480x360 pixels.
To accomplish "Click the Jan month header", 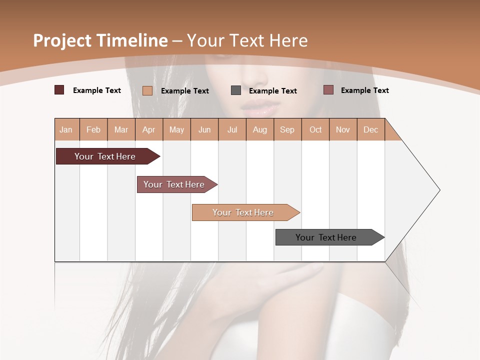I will (x=66, y=130).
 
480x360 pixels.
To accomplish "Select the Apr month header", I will (x=148, y=130).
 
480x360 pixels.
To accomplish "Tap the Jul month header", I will (x=232, y=130).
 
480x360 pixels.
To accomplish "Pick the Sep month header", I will (x=287, y=130).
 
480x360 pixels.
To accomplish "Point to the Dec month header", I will (x=370, y=130).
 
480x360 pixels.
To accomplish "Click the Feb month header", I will (x=93, y=130).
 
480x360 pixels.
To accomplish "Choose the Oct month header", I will (x=315, y=130).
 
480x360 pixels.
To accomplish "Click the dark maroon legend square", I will (x=59, y=90).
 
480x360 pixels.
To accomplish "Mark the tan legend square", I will (x=147, y=90).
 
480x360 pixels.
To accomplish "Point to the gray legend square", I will (x=236, y=90).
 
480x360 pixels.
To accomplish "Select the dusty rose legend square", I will (x=328, y=90).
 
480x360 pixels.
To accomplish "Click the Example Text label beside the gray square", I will (x=272, y=91).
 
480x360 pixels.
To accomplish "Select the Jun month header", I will (x=204, y=130).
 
